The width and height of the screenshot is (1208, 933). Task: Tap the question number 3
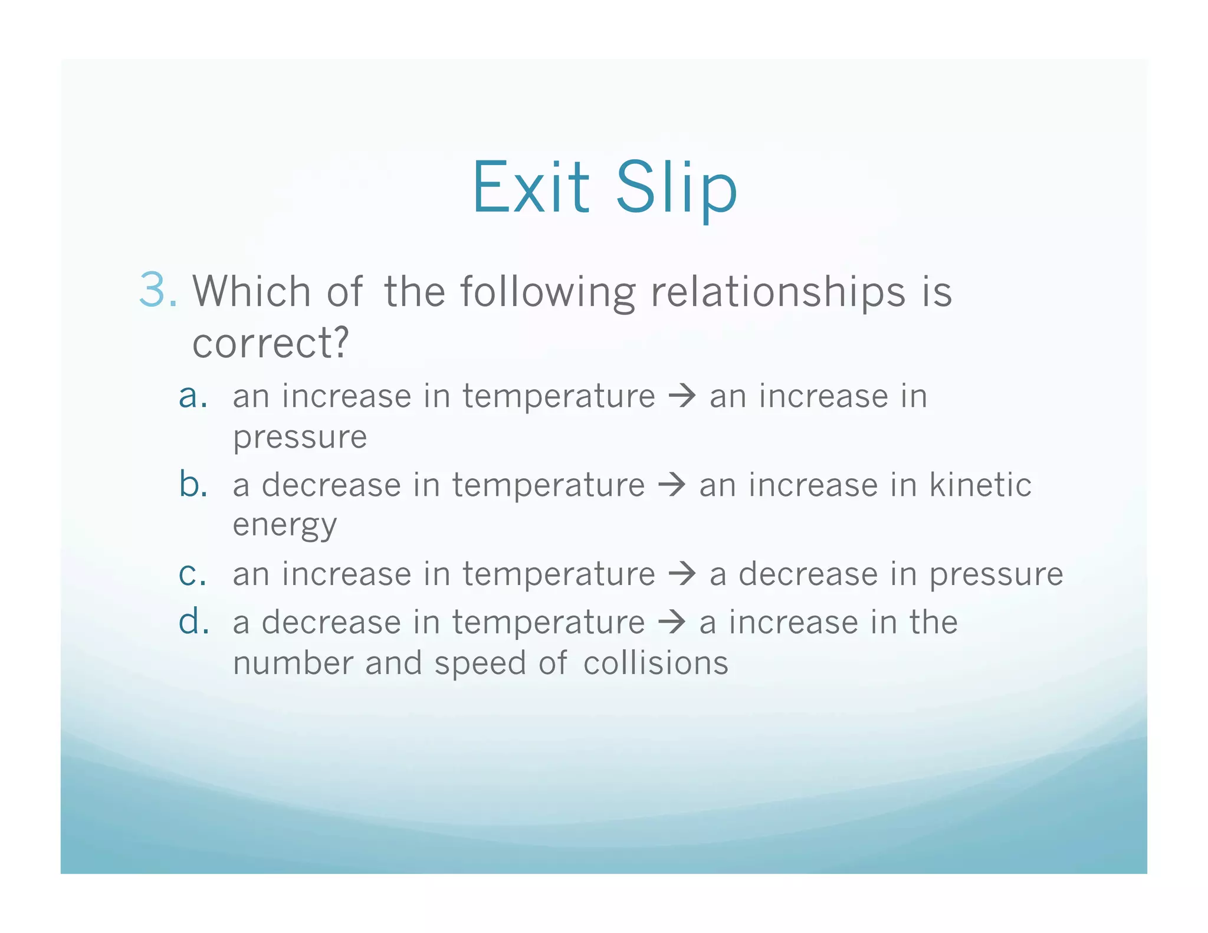click(x=155, y=290)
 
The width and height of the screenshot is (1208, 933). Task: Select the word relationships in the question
click(x=777, y=292)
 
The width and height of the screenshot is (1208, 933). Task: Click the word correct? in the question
click(x=271, y=343)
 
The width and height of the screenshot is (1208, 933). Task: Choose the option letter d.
click(x=193, y=622)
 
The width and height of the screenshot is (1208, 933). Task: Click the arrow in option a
click(x=682, y=396)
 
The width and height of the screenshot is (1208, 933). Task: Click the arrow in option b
click(x=672, y=485)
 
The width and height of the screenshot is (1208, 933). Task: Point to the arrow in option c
click(x=682, y=574)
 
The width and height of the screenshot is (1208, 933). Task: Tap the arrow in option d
click(x=672, y=622)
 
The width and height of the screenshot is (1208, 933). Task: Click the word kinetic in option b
click(x=980, y=485)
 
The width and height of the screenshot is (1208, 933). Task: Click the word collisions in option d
click(x=655, y=663)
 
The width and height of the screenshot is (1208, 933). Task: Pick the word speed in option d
click(x=480, y=664)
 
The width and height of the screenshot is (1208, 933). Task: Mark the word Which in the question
click(x=252, y=291)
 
